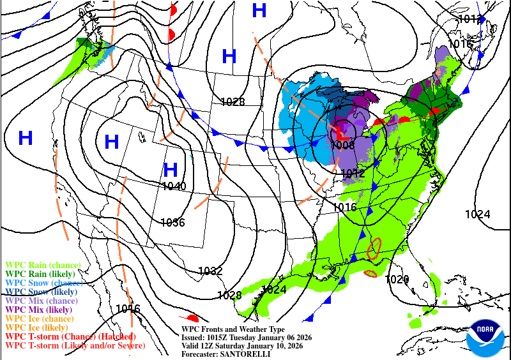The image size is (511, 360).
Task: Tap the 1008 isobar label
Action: (343, 146)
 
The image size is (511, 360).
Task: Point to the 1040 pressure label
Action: (174, 186)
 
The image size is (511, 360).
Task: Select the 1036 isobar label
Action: (172, 223)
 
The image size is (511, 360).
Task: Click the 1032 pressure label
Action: (210, 271)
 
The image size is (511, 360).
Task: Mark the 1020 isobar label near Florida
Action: (397, 279)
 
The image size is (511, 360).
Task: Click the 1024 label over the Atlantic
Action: (477, 214)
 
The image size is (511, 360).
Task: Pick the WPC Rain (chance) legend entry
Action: (43, 264)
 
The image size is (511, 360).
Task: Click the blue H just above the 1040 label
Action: (170, 170)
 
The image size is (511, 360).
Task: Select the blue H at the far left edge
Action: (26, 137)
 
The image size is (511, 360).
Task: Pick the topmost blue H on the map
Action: (259, 10)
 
